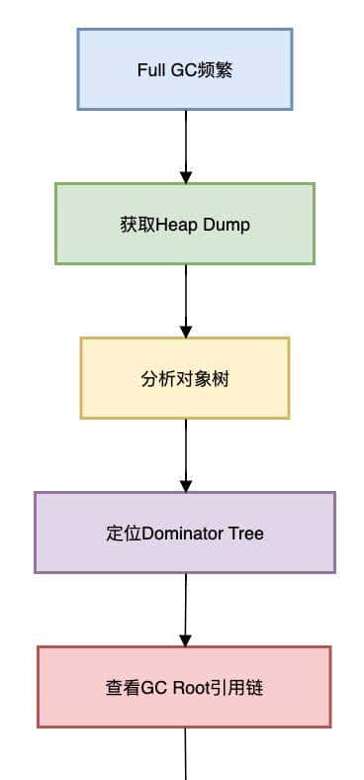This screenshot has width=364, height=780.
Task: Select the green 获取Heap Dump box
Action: coord(185,224)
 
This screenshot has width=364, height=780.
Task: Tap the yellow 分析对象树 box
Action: coord(185,378)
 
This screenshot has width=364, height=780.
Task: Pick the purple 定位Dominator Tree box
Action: coord(185,533)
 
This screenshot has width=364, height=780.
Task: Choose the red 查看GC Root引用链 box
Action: coord(185,687)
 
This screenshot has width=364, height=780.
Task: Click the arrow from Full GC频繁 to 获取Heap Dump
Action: coord(185,145)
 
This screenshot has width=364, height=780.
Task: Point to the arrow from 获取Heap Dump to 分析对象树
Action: coord(185,299)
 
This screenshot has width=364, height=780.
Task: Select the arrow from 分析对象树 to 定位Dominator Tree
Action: coord(185,453)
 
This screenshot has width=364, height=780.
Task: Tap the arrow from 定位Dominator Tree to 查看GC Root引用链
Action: coord(185,608)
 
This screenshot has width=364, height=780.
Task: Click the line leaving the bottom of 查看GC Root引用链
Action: coord(185,753)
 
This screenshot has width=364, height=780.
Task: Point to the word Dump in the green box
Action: coord(227,225)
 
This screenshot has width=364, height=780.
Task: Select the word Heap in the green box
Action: coord(177,225)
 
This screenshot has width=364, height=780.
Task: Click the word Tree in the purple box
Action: coord(246,534)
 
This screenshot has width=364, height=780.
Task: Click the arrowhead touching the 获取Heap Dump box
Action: coord(185,177)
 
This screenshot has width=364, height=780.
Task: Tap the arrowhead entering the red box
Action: coord(185,640)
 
